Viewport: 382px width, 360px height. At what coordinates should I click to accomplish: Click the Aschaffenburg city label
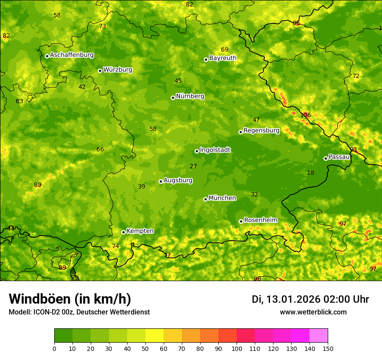pos(72,55)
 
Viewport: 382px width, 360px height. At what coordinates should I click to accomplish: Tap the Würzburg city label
pos(118,70)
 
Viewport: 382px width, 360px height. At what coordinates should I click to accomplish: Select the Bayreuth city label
pos(223,58)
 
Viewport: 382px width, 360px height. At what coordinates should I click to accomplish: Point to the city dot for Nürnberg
pos(173,98)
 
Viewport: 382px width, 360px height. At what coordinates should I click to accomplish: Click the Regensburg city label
pos(261,131)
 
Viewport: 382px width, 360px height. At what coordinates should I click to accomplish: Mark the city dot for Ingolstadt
pos(197,151)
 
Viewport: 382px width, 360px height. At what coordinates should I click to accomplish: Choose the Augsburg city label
pos(178,180)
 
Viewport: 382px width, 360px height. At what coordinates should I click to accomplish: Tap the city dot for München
pos(205,199)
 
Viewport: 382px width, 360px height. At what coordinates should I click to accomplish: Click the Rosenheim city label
pos(260,220)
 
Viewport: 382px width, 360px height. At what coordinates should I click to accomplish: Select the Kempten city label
pos(140,231)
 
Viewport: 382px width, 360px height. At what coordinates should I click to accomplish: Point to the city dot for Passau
pos(326,158)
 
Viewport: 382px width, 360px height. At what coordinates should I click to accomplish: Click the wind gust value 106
pos(305,115)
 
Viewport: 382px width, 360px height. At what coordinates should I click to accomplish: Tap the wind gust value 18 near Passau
pos(310,173)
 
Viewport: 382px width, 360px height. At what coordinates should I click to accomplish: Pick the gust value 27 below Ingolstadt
pos(193,167)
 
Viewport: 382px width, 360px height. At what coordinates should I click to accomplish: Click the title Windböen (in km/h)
pos(70,299)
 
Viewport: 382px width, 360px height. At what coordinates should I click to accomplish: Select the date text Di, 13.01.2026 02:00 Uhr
pos(310,299)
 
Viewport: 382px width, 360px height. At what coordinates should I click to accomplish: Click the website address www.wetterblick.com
pos(313,312)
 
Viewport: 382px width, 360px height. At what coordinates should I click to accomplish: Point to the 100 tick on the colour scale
pos(237,348)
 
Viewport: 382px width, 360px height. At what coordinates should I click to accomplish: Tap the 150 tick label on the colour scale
pos(328,348)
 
